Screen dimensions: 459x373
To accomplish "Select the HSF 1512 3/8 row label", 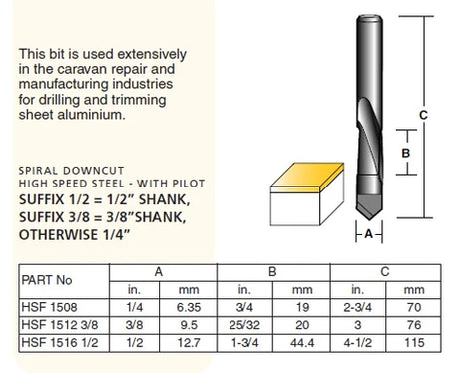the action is [60, 325].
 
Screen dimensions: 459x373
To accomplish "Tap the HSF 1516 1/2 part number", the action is [60, 342].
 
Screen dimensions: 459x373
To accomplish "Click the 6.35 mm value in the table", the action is [189, 307].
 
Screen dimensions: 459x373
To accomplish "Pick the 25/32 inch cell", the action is [244, 325].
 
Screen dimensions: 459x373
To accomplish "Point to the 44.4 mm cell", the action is [302, 342].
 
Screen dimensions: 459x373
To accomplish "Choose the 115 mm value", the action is [414, 342].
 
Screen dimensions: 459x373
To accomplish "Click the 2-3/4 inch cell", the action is [357, 307].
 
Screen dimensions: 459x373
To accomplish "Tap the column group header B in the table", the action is [272, 272].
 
